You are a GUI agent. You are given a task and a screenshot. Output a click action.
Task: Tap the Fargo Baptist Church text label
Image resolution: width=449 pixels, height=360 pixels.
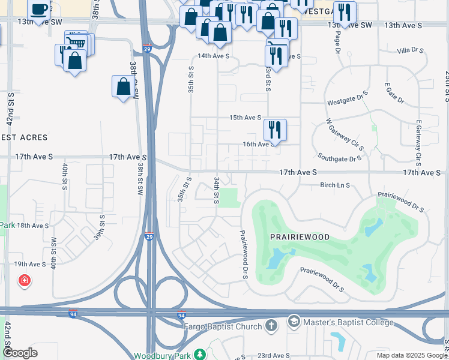tap(222, 326)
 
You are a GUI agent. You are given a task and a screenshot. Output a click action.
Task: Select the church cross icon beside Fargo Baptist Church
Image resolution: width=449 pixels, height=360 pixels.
tap(271, 326)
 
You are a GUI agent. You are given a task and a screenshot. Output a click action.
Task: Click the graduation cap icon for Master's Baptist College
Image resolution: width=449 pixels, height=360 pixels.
tap(294, 322)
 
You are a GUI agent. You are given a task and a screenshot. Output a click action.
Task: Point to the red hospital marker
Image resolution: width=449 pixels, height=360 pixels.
tap(24, 280)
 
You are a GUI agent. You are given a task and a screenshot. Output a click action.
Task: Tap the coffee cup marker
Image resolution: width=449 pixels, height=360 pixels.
tap(39, 10)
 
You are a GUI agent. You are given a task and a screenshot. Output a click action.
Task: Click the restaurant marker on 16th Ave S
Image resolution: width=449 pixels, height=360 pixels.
tap(274, 128)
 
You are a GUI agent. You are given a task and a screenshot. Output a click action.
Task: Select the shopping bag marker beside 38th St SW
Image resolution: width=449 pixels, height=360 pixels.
tap(123, 86)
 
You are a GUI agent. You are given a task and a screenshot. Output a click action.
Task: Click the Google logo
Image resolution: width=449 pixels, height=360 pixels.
tap(20, 353)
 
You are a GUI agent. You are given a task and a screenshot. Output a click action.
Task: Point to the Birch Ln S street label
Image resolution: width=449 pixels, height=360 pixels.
tap(335, 185)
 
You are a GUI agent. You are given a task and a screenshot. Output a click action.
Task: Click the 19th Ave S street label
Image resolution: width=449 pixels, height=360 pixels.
tap(30, 264)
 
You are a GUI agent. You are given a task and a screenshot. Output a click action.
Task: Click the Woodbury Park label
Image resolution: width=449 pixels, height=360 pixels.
tap(161, 356)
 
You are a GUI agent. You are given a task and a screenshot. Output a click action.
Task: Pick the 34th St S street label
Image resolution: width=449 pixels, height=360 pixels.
tap(216, 190)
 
